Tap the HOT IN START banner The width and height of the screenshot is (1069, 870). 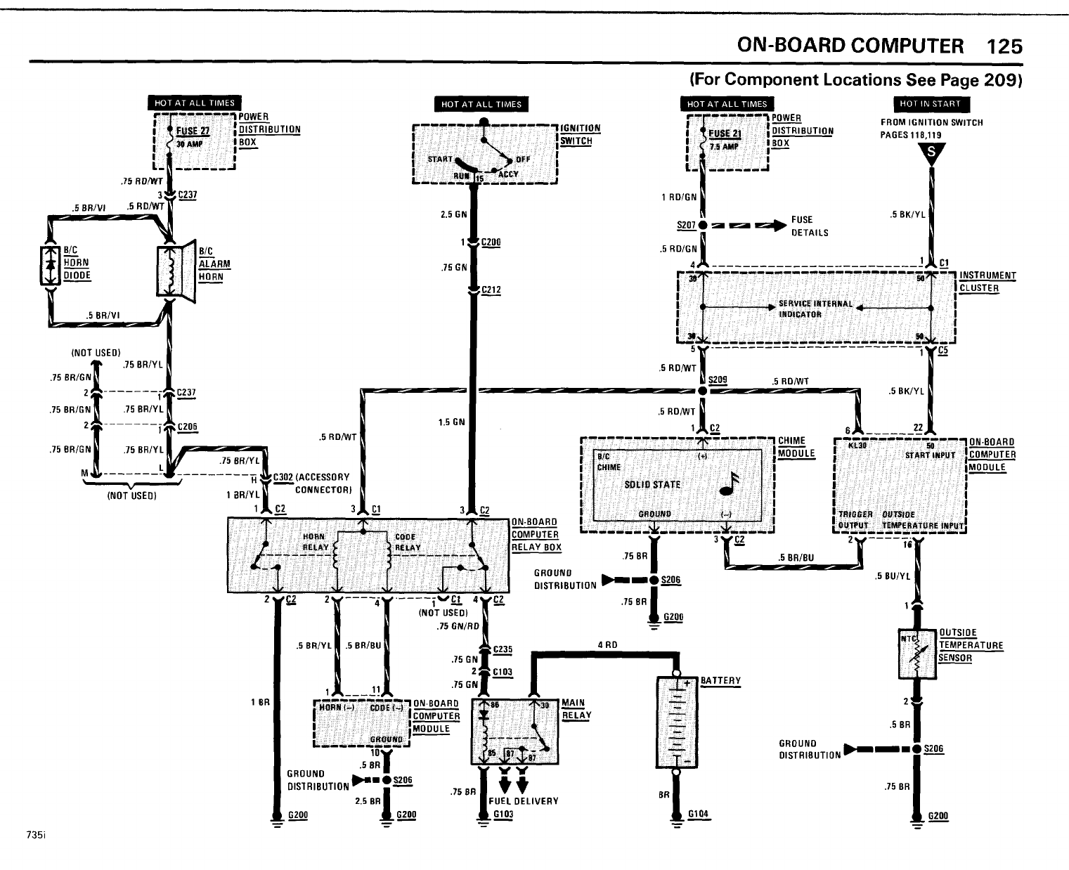click(931, 104)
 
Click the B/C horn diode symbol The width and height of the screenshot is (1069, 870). click(49, 267)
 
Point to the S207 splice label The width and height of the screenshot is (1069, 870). click(686, 225)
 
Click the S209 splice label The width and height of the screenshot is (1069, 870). click(718, 379)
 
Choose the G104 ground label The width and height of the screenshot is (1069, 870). click(698, 814)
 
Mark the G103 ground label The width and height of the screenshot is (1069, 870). click(503, 814)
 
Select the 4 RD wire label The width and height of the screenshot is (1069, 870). click(607, 644)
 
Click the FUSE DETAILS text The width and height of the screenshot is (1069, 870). click(809, 226)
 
